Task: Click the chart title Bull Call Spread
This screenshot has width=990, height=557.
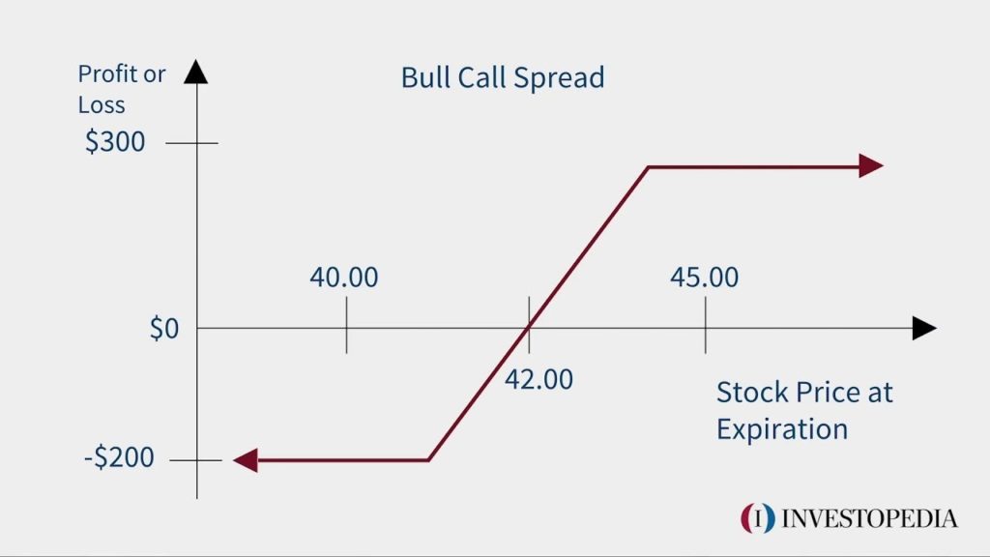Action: (x=502, y=76)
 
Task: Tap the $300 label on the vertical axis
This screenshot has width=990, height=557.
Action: (x=115, y=142)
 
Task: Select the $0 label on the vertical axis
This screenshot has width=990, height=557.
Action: (x=163, y=329)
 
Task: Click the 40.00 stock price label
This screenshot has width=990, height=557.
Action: (x=344, y=278)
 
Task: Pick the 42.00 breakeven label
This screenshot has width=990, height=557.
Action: (x=539, y=378)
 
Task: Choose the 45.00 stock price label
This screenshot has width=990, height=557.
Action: (x=704, y=278)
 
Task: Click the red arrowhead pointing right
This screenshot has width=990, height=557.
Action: (x=870, y=166)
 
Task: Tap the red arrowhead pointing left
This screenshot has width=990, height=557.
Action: (x=246, y=460)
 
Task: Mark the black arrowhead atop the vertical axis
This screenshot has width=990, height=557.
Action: (x=196, y=72)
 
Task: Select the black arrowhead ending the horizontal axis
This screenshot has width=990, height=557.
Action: (x=924, y=329)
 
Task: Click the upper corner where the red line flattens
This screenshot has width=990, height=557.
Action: (x=648, y=167)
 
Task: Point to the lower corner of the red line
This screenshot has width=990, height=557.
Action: (x=428, y=460)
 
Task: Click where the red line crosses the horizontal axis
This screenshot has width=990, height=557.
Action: (x=528, y=329)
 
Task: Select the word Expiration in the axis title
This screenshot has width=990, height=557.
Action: (x=781, y=427)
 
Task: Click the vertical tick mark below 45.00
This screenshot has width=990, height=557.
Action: (x=705, y=327)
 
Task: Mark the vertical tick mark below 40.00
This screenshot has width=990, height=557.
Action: (x=346, y=327)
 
